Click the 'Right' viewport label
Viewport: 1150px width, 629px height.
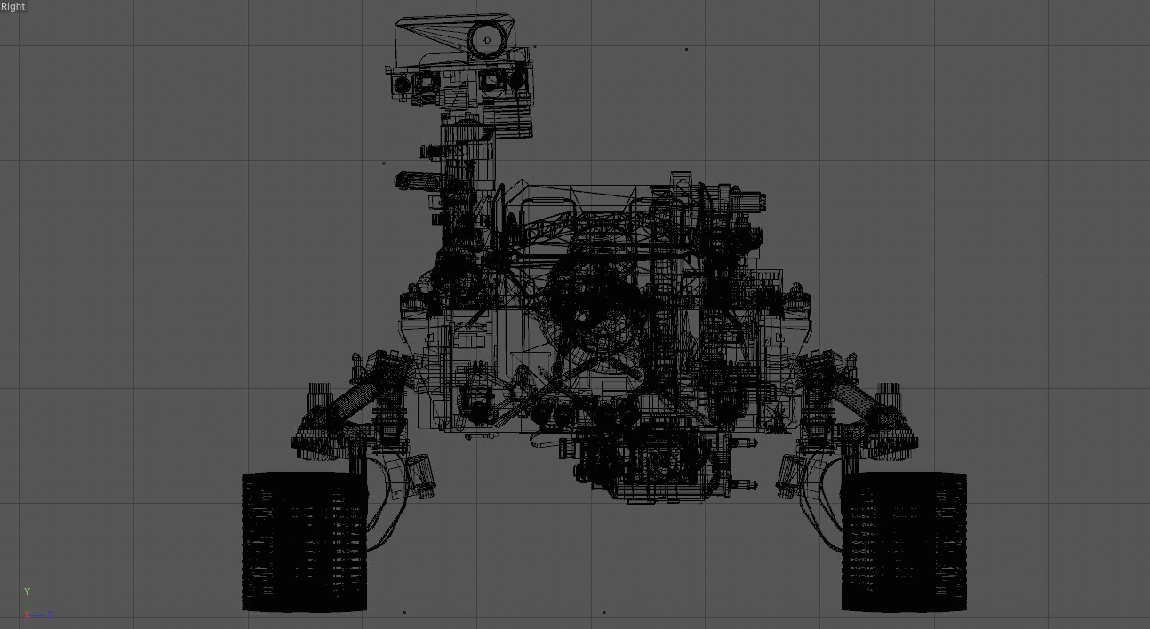coord(13,6)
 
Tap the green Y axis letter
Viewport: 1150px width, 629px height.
coord(27,592)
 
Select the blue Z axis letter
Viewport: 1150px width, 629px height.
coord(50,615)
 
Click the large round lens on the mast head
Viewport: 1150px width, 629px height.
coord(487,40)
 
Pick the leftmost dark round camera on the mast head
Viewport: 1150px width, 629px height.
coord(401,84)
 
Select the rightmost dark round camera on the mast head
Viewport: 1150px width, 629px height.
coord(516,80)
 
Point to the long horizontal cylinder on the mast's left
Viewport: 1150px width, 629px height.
coord(417,180)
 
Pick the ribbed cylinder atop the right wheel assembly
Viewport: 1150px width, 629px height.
coord(888,393)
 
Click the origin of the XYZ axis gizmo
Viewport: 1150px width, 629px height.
coord(28,615)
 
